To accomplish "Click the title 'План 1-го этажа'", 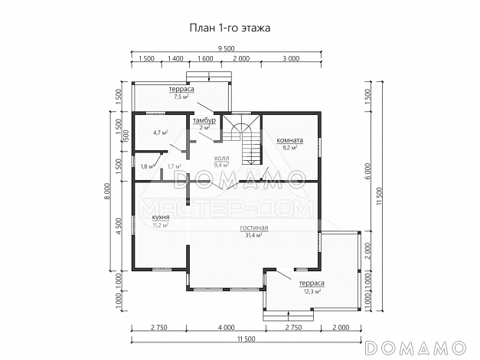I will click(230, 28).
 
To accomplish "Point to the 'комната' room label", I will click(290, 140).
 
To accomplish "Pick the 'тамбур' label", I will click(204, 121).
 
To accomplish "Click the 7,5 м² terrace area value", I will click(181, 98).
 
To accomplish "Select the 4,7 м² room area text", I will click(160, 133).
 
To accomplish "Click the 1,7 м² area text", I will click(174, 166).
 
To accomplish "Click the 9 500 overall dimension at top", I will click(226, 48).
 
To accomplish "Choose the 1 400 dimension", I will click(175, 58).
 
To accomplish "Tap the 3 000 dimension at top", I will click(290, 58).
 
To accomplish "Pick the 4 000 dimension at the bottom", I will click(226, 328).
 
